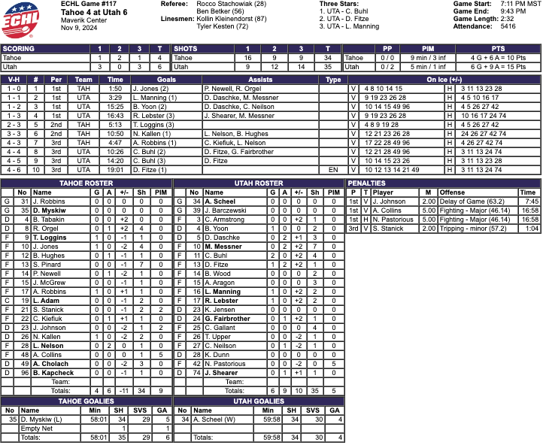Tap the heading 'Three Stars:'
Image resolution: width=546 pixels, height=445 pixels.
338,5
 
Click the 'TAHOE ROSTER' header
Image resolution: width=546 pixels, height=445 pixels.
86,183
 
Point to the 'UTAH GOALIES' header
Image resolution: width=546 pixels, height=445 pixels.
258,401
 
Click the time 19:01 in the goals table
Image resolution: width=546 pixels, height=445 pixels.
115,170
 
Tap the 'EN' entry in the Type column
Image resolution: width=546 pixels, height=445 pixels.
333,170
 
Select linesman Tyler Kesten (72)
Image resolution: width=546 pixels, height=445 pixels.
223,27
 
